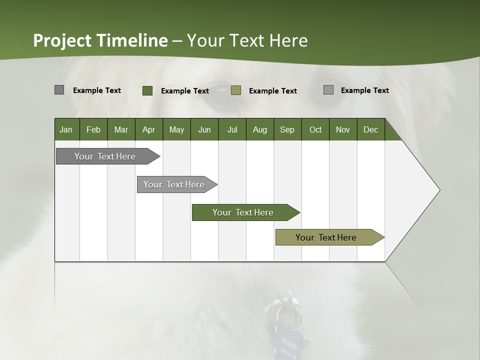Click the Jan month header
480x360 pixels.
click(x=66, y=129)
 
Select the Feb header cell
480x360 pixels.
click(x=93, y=129)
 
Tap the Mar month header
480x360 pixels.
click(x=121, y=129)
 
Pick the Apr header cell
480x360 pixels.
click(x=149, y=129)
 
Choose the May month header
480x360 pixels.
click(x=176, y=129)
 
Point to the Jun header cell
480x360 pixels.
click(x=204, y=129)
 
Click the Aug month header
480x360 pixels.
click(x=260, y=129)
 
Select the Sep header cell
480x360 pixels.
click(x=287, y=129)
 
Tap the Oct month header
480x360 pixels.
click(x=315, y=129)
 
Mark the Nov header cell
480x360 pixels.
click(x=343, y=129)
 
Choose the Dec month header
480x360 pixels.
click(x=371, y=129)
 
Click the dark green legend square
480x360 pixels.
click(x=147, y=90)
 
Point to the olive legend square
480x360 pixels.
click(x=236, y=90)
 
